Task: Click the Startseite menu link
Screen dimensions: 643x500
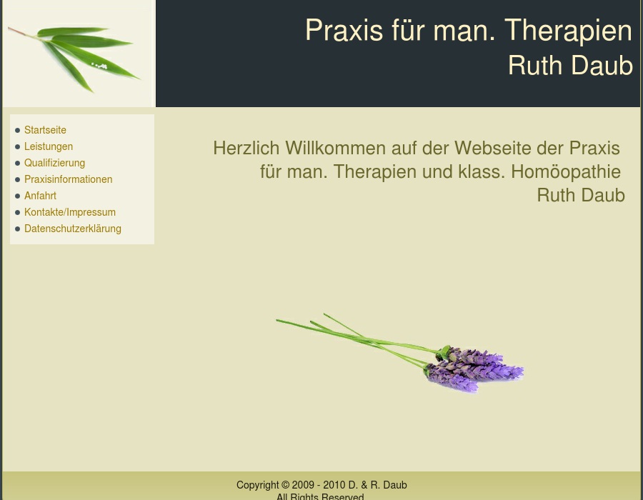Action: pyautogui.click(x=45, y=130)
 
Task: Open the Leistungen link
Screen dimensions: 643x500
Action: pyautogui.click(x=49, y=146)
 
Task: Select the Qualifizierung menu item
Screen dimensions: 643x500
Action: pyautogui.click(x=54, y=163)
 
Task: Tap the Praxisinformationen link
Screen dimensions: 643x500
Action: pyautogui.click(x=68, y=179)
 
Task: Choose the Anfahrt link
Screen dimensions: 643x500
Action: pyautogui.click(x=40, y=196)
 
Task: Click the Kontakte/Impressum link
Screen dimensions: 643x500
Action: pyautogui.click(x=70, y=212)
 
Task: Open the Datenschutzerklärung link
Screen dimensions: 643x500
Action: pyautogui.click(x=73, y=229)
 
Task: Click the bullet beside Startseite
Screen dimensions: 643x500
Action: pyautogui.click(x=17, y=130)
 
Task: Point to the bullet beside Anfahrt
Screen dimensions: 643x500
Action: pyautogui.click(x=17, y=196)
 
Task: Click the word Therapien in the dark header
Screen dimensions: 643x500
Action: pyautogui.click(x=568, y=30)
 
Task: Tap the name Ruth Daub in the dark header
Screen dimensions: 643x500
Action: pyautogui.click(x=570, y=65)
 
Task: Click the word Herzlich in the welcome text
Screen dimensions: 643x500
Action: pyautogui.click(x=246, y=148)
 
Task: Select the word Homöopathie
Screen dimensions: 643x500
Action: pyautogui.click(x=566, y=171)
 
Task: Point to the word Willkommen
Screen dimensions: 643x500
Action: pyautogui.click(x=336, y=148)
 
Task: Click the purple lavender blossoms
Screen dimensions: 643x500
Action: pyautogui.click(x=474, y=369)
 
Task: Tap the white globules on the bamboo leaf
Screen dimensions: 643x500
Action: pyautogui.click(x=99, y=66)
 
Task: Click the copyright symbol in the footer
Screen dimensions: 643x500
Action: pyautogui.click(x=285, y=485)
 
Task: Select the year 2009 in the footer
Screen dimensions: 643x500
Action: pyautogui.click(x=303, y=485)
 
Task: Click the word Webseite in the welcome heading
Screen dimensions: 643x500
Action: pyautogui.click(x=493, y=148)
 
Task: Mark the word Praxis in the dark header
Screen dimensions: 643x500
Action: pyautogui.click(x=344, y=30)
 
